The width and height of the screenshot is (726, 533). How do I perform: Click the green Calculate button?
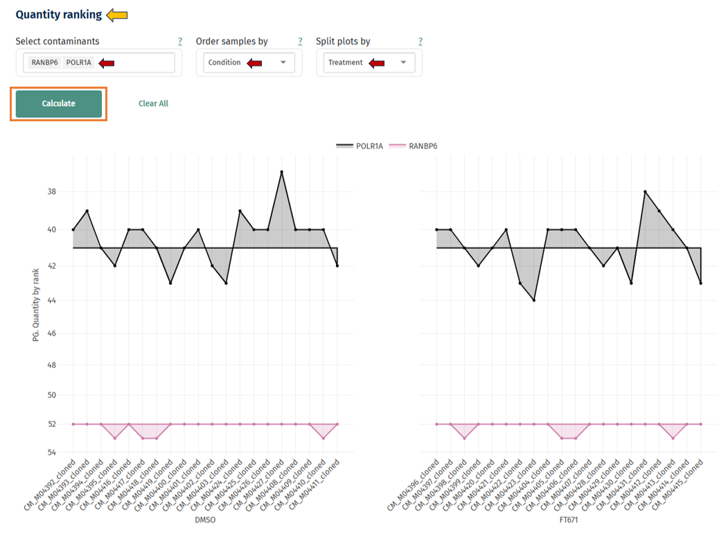59,104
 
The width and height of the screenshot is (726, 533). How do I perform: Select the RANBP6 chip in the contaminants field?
44,63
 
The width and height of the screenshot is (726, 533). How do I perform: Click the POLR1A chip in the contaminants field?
78,63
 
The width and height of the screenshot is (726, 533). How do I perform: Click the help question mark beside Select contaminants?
180,42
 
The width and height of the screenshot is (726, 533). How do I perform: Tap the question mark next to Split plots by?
420,42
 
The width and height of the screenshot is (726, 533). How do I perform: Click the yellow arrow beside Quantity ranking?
116,15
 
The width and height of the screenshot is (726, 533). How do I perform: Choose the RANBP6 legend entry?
415,146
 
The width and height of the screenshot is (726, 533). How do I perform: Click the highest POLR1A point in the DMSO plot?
281,171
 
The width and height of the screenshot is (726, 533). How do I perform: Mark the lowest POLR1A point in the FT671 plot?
534,300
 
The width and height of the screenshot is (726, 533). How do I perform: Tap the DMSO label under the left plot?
205,519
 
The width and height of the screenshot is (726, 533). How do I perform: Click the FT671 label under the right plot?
568,519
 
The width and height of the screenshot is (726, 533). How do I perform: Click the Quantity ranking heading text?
59,15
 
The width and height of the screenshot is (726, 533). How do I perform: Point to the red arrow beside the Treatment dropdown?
376,63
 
